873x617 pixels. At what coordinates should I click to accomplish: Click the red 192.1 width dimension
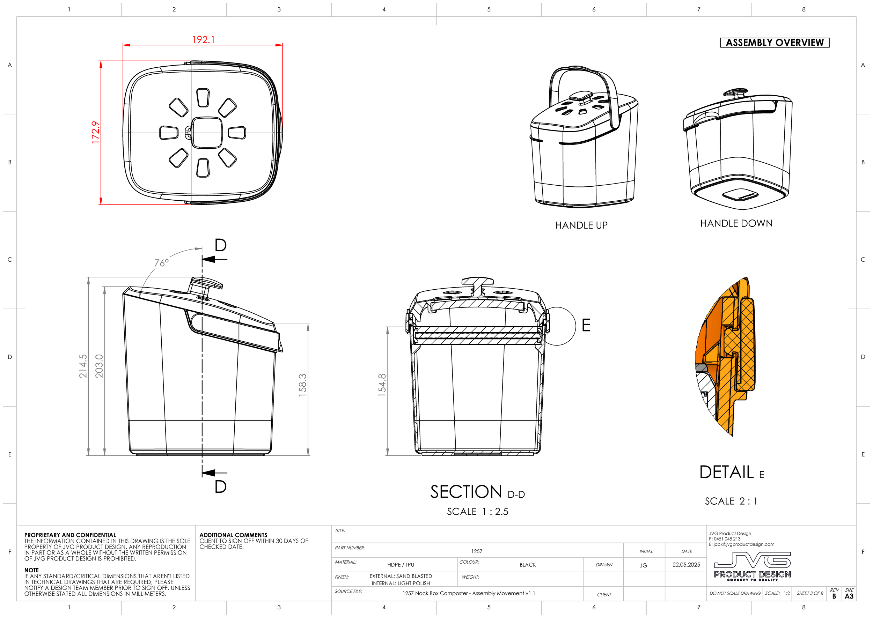tap(203, 39)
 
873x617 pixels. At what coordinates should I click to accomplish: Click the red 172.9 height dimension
tap(95, 132)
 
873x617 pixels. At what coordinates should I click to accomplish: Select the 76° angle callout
tap(161, 263)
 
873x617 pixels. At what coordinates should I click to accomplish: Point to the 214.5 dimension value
tap(83, 366)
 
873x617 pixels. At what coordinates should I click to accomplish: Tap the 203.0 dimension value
tap(99, 366)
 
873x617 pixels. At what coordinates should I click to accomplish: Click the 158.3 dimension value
tap(302, 385)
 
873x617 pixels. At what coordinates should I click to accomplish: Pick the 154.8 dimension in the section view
tap(382, 385)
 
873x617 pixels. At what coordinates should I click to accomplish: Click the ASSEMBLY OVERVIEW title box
tap(774, 43)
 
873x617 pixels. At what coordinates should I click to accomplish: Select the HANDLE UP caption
tap(581, 225)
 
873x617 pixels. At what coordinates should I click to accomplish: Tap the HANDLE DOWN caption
tap(736, 223)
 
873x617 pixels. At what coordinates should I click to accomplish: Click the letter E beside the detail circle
tap(586, 326)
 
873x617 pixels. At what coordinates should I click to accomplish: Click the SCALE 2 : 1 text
tap(731, 501)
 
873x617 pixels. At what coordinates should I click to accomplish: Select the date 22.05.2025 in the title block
tap(686, 565)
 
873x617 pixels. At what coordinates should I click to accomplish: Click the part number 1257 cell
tap(476, 551)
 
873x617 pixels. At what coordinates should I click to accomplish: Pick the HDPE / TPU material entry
tap(401, 565)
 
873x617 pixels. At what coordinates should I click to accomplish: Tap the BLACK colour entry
tap(527, 565)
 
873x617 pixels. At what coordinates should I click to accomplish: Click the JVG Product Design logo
tap(752, 566)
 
